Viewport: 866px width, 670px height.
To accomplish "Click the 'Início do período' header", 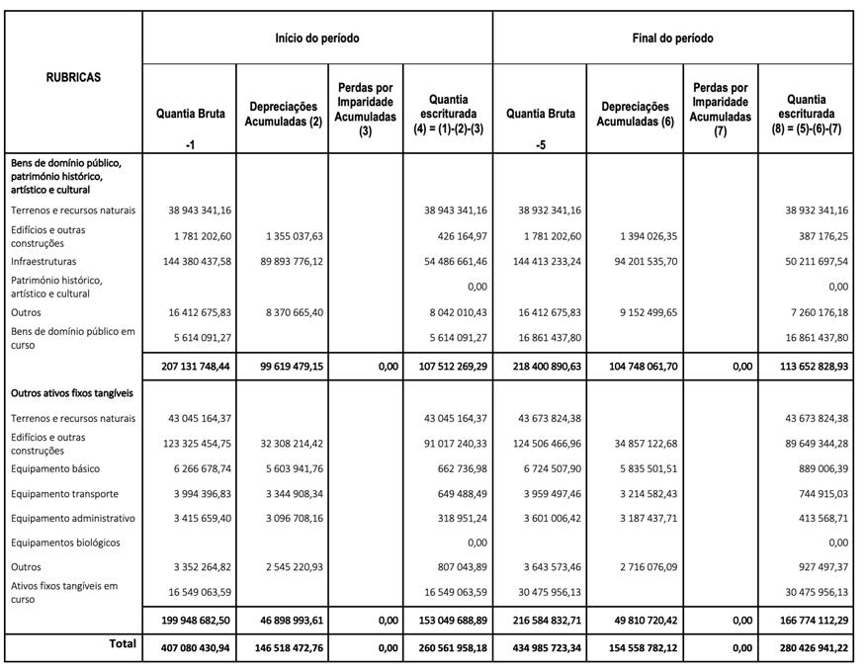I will [x=316, y=39].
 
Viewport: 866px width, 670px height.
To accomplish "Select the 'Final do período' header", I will [x=672, y=39].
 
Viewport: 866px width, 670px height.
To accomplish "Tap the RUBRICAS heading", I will [x=73, y=77].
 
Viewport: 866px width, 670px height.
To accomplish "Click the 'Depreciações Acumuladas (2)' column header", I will [x=283, y=114].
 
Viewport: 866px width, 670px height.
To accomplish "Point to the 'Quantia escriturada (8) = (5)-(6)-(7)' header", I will [x=807, y=115].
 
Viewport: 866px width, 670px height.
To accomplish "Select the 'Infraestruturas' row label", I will [x=45, y=261].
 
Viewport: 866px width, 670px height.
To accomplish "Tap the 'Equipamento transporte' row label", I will [x=63, y=493].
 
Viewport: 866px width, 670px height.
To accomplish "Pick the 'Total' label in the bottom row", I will [x=123, y=643].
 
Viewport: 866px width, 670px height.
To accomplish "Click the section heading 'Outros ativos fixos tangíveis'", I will [x=72, y=393].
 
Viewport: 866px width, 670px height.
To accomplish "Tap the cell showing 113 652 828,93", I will [x=805, y=366].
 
